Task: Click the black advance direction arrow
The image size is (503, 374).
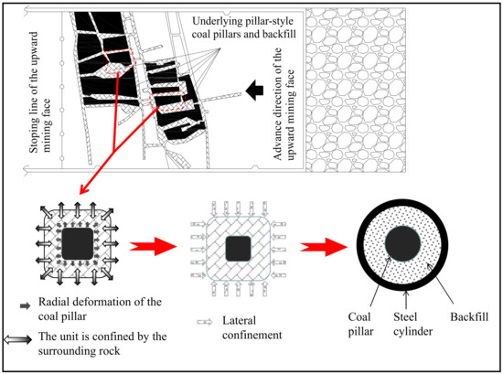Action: pyautogui.click(x=255, y=90)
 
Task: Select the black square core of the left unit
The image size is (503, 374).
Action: pyautogui.click(x=78, y=244)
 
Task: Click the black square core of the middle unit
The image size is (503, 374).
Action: pyautogui.click(x=238, y=248)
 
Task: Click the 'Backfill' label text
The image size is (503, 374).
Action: pyautogui.click(x=469, y=316)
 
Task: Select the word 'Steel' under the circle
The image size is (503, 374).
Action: pyautogui.click(x=405, y=316)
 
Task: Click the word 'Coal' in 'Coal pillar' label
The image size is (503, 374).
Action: pyautogui.click(x=359, y=316)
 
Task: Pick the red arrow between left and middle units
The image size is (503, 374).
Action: pyautogui.click(x=153, y=246)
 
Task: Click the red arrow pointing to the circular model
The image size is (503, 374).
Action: pyautogui.click(x=324, y=247)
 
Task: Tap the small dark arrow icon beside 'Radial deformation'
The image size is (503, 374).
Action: pyautogui.click(x=25, y=306)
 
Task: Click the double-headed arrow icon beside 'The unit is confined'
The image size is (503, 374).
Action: pyautogui.click(x=18, y=339)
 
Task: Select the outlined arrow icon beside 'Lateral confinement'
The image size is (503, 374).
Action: pyautogui.click(x=205, y=322)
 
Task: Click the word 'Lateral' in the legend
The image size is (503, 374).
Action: pyautogui.click(x=239, y=320)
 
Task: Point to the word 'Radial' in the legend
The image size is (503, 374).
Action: pyautogui.click(x=53, y=302)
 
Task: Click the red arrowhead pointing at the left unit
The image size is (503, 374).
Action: pyautogui.click(x=83, y=188)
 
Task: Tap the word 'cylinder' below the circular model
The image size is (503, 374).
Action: pyautogui.click(x=412, y=332)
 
